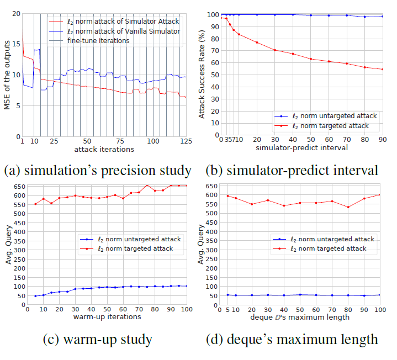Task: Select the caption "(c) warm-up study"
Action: point(99,339)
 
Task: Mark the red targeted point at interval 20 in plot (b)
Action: point(257,43)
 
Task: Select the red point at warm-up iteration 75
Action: point(147,186)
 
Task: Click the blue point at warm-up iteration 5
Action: point(35,296)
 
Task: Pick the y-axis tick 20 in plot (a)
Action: point(16,13)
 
